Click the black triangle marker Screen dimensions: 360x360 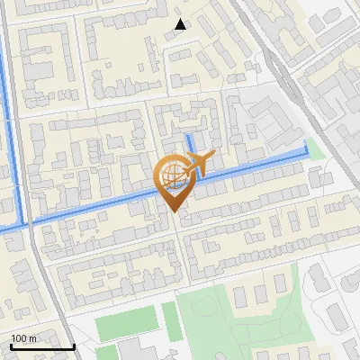pyautogui.click(x=180, y=24)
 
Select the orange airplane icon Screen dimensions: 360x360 pyautogui.click(x=200, y=164)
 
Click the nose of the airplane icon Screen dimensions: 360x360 pyautogui.click(x=213, y=155)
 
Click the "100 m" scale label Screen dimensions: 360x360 pyautogui.click(x=23, y=338)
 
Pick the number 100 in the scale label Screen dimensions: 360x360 pyautogui.click(x=19, y=338)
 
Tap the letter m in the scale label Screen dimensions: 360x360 pyautogui.click(x=32, y=338)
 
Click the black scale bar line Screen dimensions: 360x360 pyautogui.click(x=41, y=346)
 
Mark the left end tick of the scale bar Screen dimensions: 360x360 pyautogui.click(x=10, y=345)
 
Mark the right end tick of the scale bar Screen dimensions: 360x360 pyautogui.click(x=74, y=345)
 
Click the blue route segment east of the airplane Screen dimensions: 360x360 pyautogui.click(x=261, y=164)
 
